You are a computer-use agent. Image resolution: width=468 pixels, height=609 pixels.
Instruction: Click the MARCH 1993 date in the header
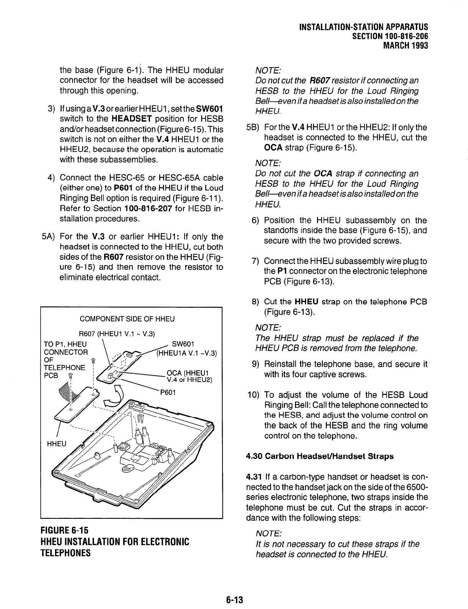pyautogui.click(x=405, y=46)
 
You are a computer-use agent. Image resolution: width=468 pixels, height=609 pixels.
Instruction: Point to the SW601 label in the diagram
pyautogui.click(x=183, y=343)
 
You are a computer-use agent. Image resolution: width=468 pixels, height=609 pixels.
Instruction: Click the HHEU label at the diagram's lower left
pyautogui.click(x=56, y=444)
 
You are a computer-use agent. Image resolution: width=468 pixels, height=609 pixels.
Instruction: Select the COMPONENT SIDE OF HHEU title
pyautogui.click(x=127, y=319)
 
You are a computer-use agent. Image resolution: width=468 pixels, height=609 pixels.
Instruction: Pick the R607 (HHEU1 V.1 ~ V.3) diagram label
pyautogui.click(x=117, y=333)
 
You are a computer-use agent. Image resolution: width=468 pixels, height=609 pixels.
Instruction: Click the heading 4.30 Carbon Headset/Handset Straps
pyautogui.click(x=320, y=456)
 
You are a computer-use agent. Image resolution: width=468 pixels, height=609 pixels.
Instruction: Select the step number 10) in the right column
pyautogui.click(x=254, y=395)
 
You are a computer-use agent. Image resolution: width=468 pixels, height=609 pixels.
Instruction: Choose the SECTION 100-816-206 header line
pyautogui.click(x=390, y=36)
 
